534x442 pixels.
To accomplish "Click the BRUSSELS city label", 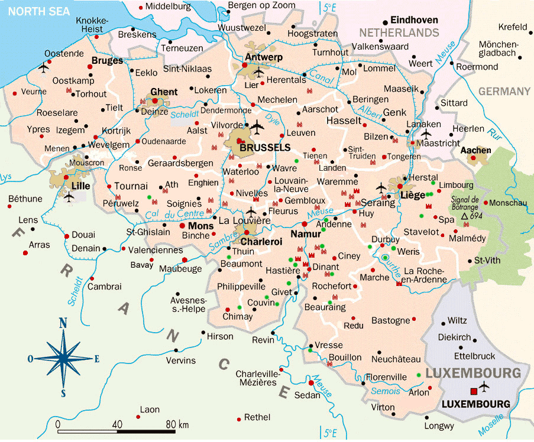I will [x=265, y=148].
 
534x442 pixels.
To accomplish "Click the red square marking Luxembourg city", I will [x=472, y=391].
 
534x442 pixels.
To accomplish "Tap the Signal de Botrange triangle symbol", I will [x=465, y=217].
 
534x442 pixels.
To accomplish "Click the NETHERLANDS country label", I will [x=402, y=32].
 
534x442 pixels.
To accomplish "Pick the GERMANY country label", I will [x=504, y=91].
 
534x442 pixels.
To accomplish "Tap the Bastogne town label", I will [x=390, y=320].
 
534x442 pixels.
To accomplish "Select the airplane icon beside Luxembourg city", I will [x=485, y=388].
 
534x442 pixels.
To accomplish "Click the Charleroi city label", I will [x=261, y=241].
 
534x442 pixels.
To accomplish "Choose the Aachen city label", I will [x=475, y=150].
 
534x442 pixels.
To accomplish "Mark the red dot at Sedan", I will [x=309, y=382].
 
